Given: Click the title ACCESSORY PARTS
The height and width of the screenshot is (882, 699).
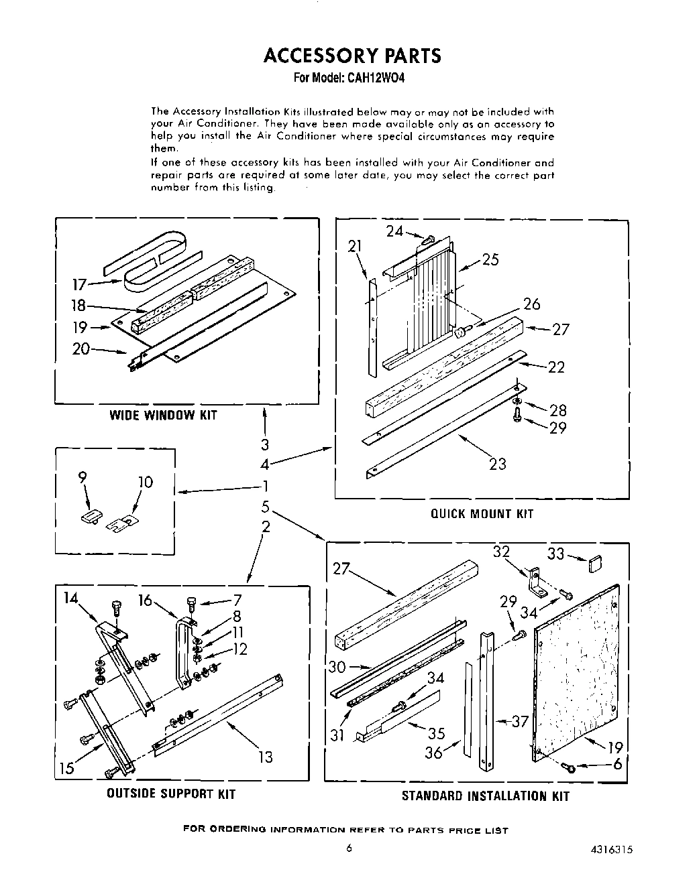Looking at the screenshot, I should pos(352,55).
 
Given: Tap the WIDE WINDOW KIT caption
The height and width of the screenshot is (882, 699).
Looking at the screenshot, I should pos(163,415).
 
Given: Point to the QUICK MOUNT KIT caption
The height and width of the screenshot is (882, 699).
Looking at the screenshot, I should pos(482,513).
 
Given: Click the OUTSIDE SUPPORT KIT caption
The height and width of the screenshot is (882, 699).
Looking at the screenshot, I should pos(171,794).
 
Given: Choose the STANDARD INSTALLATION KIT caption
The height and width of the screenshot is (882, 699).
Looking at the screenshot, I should pos(485,796).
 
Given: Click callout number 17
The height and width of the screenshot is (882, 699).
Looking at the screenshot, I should pos(79,285).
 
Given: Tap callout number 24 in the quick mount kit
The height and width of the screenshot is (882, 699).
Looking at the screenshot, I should pos(394,231).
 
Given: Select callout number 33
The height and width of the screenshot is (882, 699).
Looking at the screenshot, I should pos(555,554).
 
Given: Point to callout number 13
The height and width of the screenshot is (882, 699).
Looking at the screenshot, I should pos(265,757).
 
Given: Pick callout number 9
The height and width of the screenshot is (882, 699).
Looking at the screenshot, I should pos(83,479).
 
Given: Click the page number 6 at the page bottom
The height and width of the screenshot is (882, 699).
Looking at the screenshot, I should pos(349,847).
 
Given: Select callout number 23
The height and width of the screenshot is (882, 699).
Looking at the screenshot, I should pos(497,464).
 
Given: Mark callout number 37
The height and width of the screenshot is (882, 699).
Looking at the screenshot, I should pos(520,721).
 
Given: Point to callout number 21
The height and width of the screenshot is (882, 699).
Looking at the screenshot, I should pos(354,246).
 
